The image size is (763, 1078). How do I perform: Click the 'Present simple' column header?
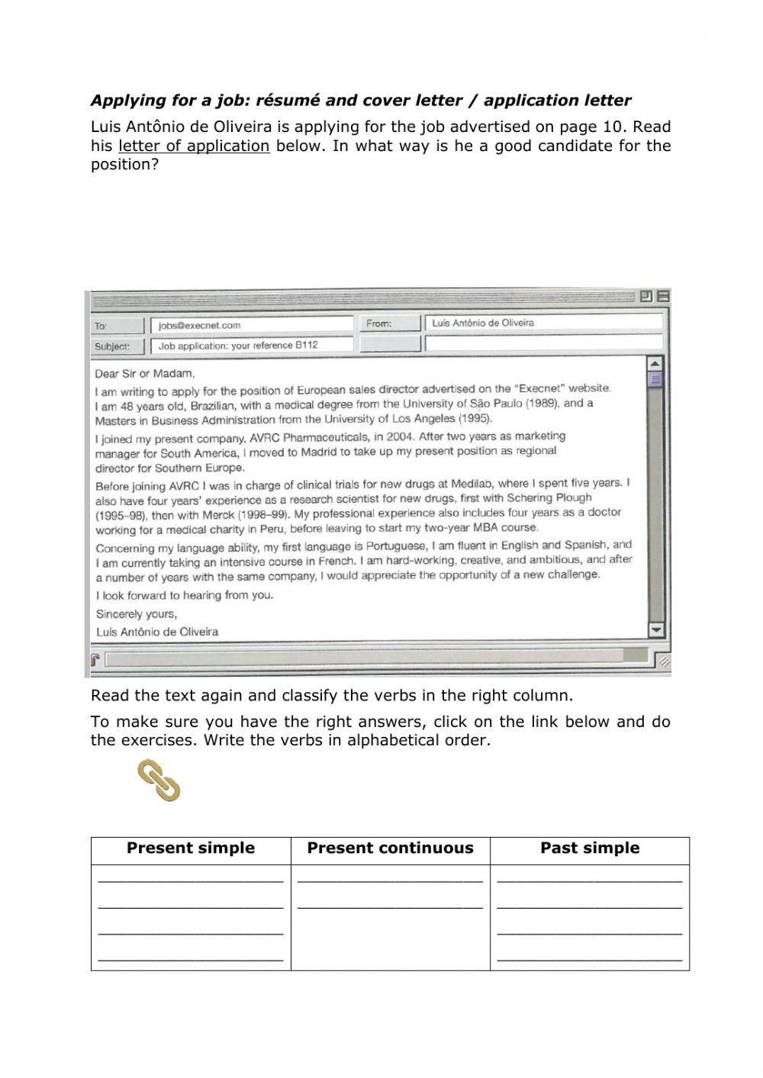(x=191, y=848)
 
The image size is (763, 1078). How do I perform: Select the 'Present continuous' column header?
(x=390, y=848)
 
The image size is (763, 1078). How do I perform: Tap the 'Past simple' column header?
(x=590, y=848)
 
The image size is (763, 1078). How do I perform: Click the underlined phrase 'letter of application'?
(x=194, y=146)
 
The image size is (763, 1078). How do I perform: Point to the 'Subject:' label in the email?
(x=111, y=346)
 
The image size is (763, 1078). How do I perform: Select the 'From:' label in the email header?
(x=378, y=323)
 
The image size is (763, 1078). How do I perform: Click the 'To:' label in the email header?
(x=101, y=326)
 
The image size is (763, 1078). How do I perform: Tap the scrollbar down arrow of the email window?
(x=655, y=629)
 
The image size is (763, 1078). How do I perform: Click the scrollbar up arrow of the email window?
(x=655, y=363)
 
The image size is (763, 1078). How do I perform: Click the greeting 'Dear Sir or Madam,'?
(x=145, y=374)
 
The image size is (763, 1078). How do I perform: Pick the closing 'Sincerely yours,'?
(x=137, y=613)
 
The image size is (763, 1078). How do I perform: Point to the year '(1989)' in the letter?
(x=539, y=404)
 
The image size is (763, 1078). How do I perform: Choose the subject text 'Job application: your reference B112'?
(x=238, y=345)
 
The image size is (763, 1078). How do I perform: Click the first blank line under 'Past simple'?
(x=589, y=880)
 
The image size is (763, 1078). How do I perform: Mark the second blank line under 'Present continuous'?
(x=390, y=906)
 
